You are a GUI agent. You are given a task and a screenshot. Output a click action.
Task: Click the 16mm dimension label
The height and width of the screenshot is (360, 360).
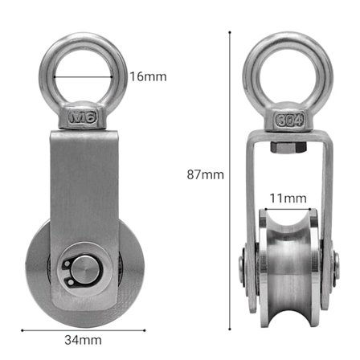pos(148,77)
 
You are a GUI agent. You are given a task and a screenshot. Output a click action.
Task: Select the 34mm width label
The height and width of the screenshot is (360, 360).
pos(83,339)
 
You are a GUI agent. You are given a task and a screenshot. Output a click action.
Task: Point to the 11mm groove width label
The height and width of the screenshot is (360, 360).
pos(287,198)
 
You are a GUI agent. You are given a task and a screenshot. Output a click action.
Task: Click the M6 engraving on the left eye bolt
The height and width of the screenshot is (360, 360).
pos(83,118)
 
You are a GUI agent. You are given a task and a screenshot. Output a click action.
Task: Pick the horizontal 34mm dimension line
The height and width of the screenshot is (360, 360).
pos(80,329)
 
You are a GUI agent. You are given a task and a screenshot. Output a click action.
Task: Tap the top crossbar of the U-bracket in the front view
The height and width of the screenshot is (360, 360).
pos(287,134)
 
